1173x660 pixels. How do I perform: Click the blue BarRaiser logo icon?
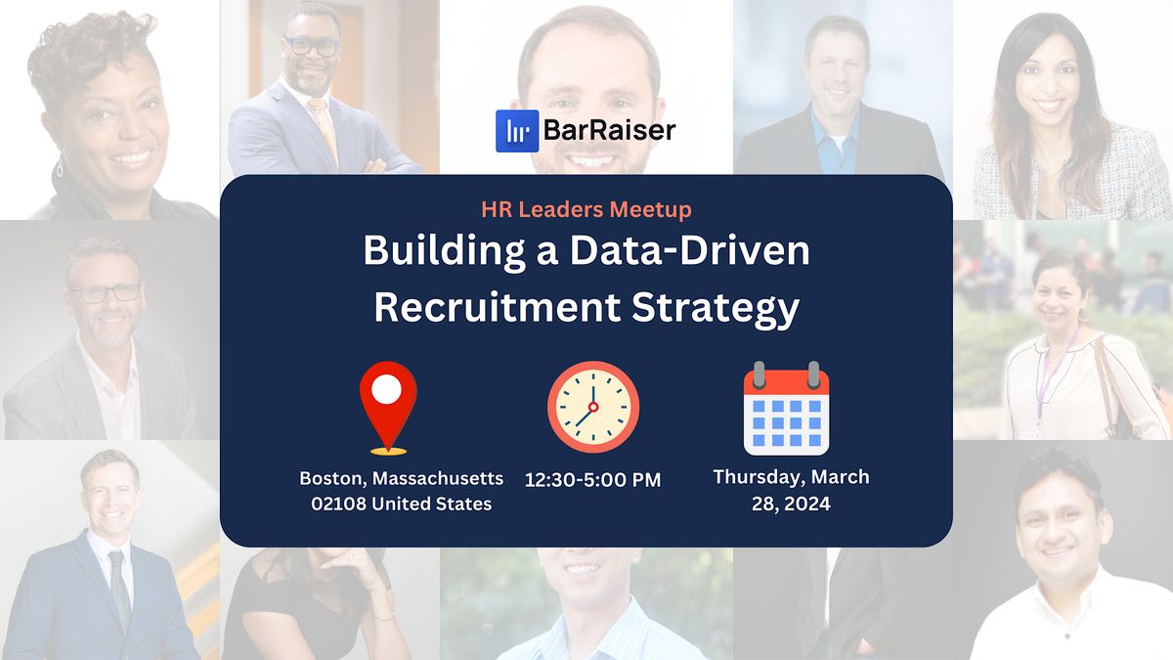pos(517,131)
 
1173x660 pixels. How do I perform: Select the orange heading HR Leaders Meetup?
pos(586,208)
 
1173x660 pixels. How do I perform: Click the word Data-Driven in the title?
pos(691,251)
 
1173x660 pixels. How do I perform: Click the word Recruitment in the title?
pos(497,307)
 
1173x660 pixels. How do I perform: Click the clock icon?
pos(592,408)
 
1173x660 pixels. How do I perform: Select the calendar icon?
pos(786,409)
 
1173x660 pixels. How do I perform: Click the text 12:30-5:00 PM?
pos(592,480)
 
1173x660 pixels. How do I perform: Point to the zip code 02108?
pos(333,505)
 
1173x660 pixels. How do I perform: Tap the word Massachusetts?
pos(443,479)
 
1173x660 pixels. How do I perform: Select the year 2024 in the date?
pos(807,504)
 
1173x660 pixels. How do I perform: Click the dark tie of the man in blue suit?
pos(119,587)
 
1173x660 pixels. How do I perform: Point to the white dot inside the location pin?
pos(387,389)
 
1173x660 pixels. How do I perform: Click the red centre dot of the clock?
pos(592,406)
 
